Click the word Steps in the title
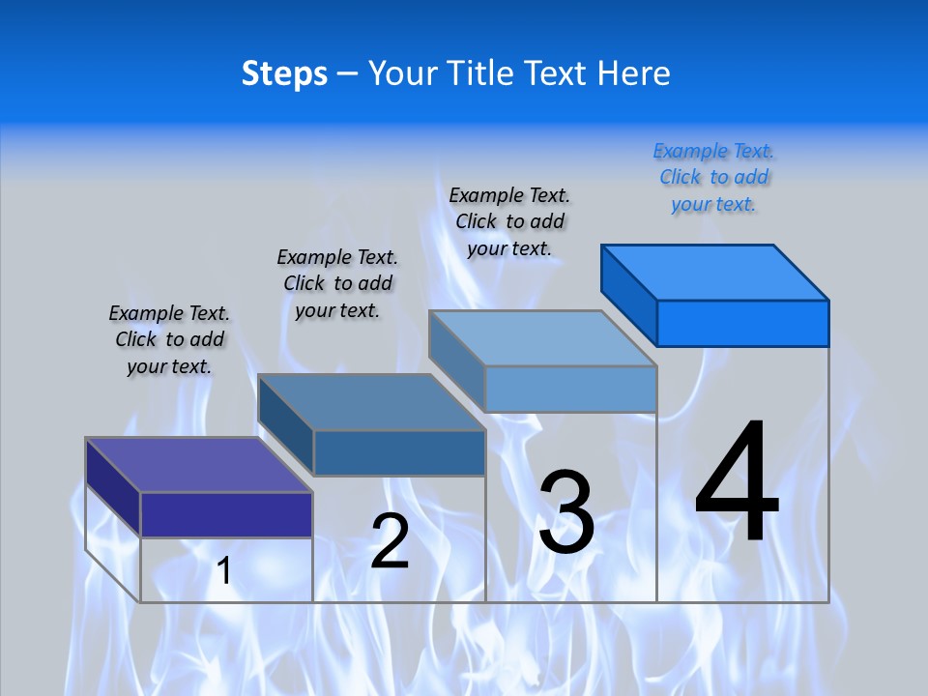point(284,73)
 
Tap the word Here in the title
point(634,73)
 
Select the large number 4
point(737,482)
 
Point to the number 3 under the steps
point(566,512)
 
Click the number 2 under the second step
point(390,541)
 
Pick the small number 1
point(224,571)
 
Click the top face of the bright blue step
point(715,272)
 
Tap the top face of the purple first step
point(199,464)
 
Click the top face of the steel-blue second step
point(371,402)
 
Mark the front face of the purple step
point(226,514)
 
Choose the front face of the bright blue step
point(742,323)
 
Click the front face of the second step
point(399,452)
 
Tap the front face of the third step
point(570,389)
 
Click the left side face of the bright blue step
point(628,294)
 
